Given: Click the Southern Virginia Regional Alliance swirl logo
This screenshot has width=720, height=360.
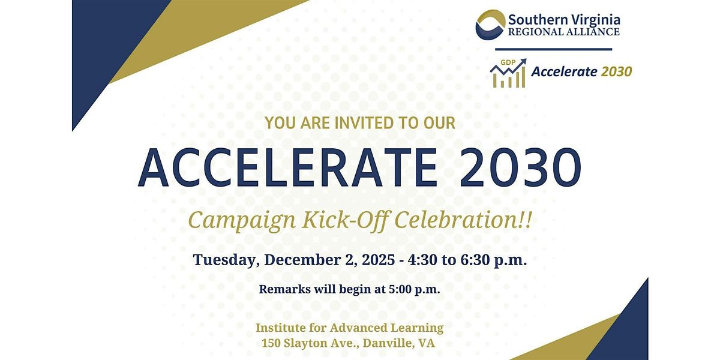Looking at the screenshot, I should coord(490,24).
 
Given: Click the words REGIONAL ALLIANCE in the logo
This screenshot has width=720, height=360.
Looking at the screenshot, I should coord(564,32).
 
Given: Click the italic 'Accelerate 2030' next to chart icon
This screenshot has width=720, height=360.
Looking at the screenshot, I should coord(581,71).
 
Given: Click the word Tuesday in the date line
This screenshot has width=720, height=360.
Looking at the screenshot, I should coord(227,260).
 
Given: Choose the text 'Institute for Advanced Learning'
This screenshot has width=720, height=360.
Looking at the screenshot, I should coord(350,328).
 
